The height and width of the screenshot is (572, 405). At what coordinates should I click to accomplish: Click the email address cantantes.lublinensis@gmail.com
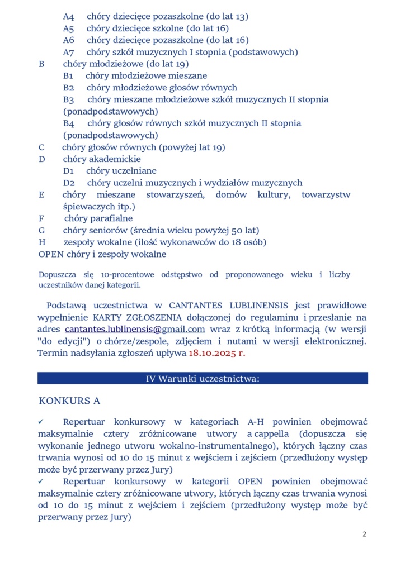[x=135, y=329]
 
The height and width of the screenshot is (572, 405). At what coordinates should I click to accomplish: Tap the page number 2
[x=364, y=534]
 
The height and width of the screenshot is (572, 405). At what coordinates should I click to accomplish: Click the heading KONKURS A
[x=69, y=401]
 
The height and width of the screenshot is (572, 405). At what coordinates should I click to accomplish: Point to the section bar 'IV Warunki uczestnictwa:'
[x=202, y=378]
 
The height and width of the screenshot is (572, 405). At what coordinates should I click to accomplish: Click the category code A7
[x=69, y=52]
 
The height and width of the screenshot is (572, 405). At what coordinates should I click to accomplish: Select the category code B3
[x=69, y=99]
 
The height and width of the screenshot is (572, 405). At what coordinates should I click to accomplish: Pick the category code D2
[x=69, y=183]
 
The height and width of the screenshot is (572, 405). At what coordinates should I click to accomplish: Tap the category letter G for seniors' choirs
[x=42, y=230]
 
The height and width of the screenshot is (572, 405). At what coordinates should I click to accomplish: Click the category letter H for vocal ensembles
[x=42, y=242]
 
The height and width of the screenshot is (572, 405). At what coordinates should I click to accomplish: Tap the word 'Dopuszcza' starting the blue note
[x=56, y=275]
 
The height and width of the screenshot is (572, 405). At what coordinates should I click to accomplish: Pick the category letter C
[x=41, y=147]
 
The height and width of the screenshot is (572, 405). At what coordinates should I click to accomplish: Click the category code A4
[x=69, y=16]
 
